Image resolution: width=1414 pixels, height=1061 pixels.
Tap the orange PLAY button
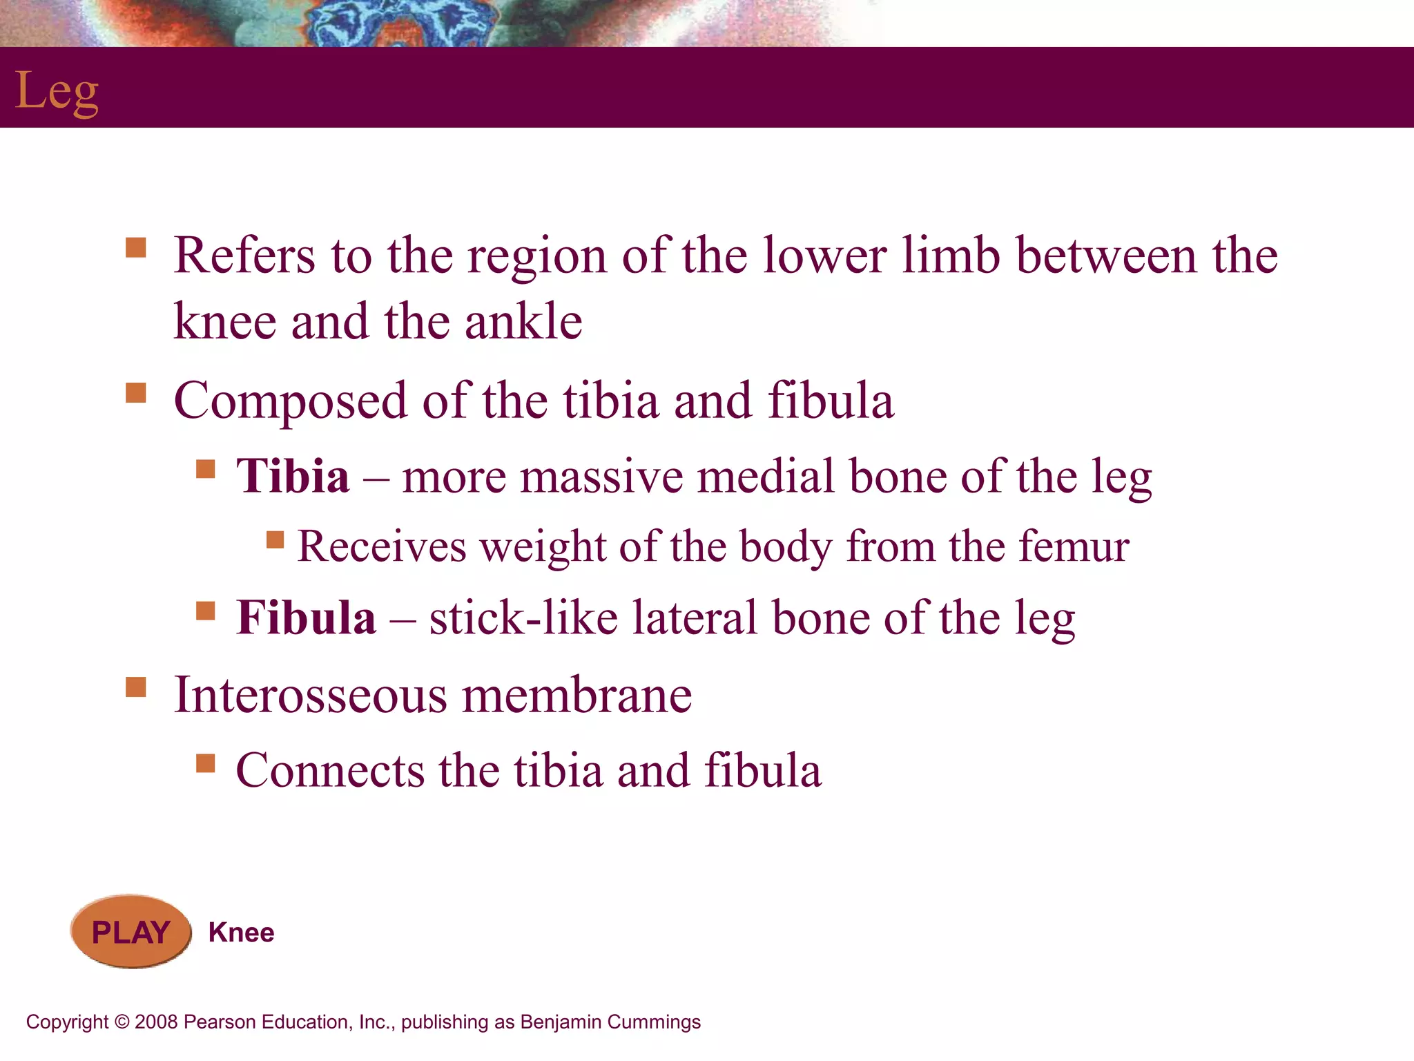coord(130,932)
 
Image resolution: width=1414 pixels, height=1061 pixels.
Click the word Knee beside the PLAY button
coord(241,933)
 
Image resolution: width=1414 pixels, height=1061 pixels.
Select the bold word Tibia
coord(293,477)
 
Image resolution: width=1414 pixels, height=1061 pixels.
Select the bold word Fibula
coord(306,618)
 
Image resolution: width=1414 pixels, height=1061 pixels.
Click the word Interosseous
coord(310,695)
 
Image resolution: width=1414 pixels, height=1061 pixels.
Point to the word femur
coord(1074,547)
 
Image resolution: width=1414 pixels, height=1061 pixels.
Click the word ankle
coord(523,323)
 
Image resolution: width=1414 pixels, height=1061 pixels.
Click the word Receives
coord(382,547)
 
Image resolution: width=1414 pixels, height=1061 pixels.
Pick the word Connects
coord(330,771)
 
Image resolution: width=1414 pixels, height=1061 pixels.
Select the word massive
coord(601,477)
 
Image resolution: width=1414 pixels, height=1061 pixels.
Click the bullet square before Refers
coord(136,247)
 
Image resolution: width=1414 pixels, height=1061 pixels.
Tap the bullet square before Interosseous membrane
coord(136,687)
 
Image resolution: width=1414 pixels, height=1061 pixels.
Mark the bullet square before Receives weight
coord(275,539)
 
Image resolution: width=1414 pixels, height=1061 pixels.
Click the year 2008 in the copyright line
coord(156,1022)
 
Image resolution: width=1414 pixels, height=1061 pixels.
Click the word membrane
coord(577,695)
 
